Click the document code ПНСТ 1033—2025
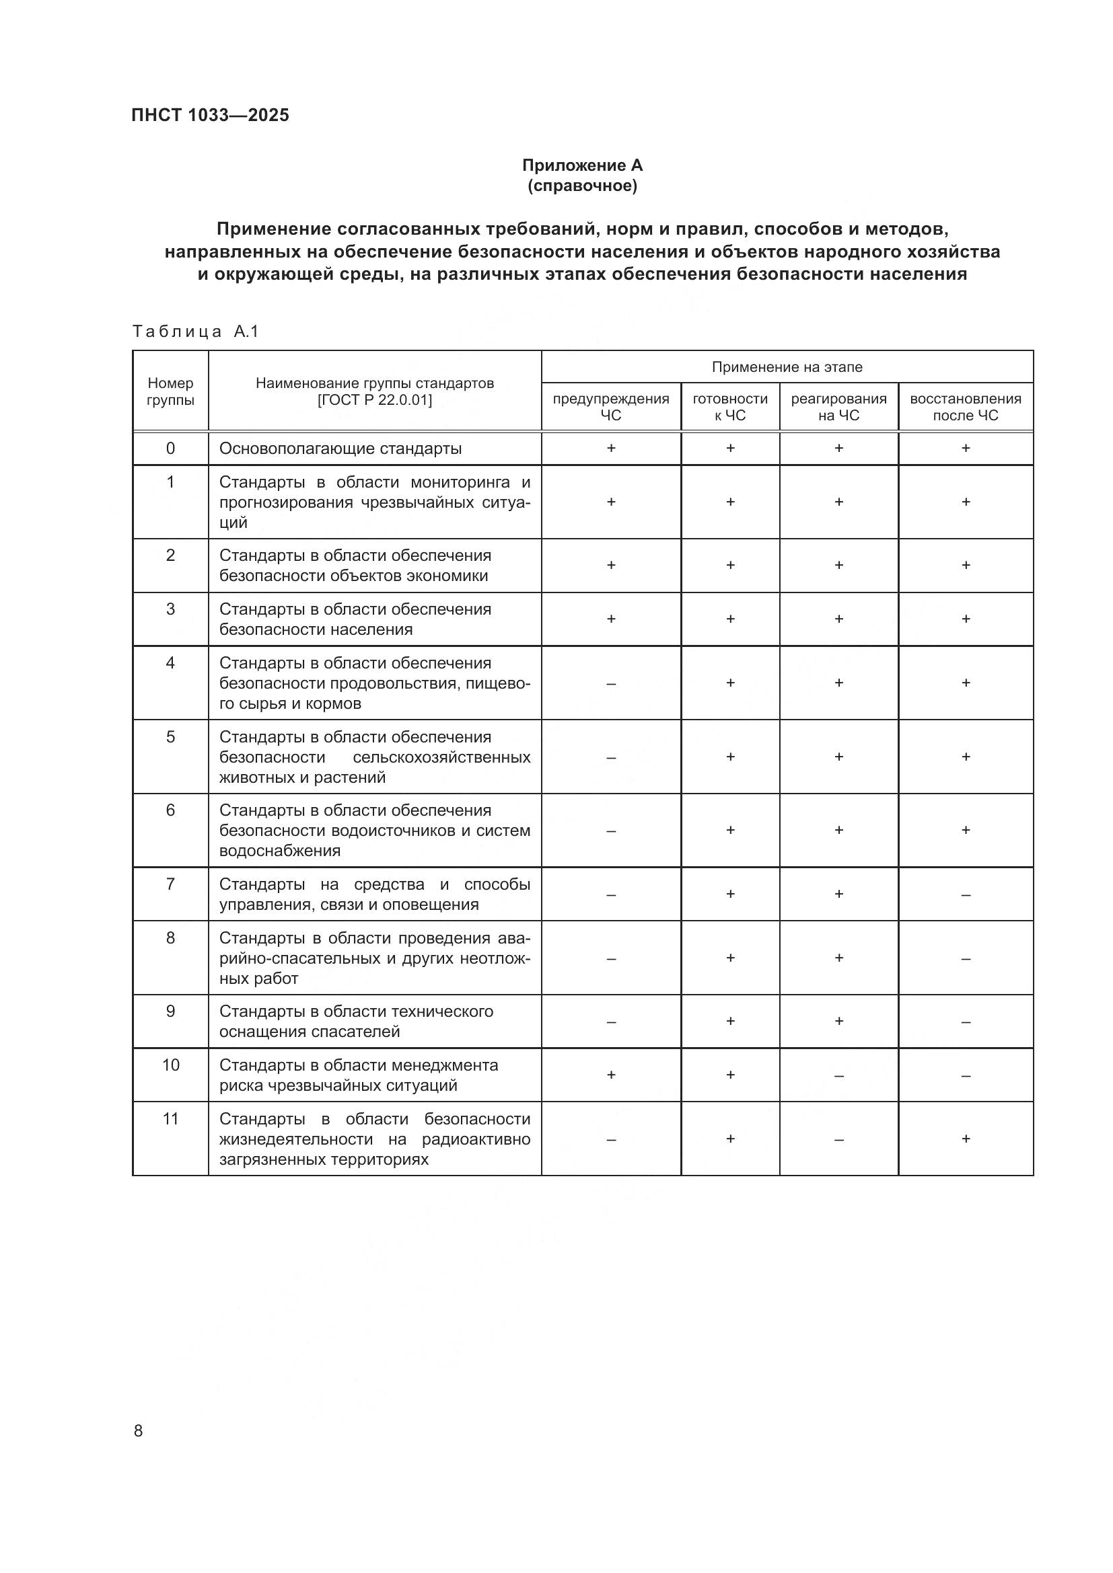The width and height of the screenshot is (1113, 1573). click(210, 115)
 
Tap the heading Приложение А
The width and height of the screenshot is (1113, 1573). click(582, 165)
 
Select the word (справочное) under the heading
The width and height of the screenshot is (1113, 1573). click(582, 186)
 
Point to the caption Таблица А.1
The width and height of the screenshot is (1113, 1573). click(195, 332)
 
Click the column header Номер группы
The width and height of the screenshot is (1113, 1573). click(170, 391)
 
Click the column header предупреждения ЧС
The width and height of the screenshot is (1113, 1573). click(610, 407)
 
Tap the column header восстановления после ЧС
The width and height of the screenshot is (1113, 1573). click(965, 407)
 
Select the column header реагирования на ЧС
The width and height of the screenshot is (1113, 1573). click(838, 407)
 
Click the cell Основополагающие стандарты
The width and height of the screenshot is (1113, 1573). click(340, 449)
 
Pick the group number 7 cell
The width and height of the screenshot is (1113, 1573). click(170, 884)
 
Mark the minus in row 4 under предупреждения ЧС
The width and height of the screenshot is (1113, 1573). click(610, 684)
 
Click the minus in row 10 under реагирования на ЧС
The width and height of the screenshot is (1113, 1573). click(838, 1076)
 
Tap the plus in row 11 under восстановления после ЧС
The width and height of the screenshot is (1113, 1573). click(965, 1139)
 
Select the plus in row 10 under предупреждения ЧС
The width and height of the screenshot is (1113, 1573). click(610, 1075)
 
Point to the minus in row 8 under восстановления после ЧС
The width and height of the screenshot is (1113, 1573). click(965, 959)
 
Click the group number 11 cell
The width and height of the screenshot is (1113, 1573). click(170, 1120)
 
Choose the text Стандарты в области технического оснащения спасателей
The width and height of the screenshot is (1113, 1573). click(356, 1022)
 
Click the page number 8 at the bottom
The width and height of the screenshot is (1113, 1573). click(139, 1430)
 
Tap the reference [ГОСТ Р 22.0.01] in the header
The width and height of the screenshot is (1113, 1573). click(374, 400)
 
